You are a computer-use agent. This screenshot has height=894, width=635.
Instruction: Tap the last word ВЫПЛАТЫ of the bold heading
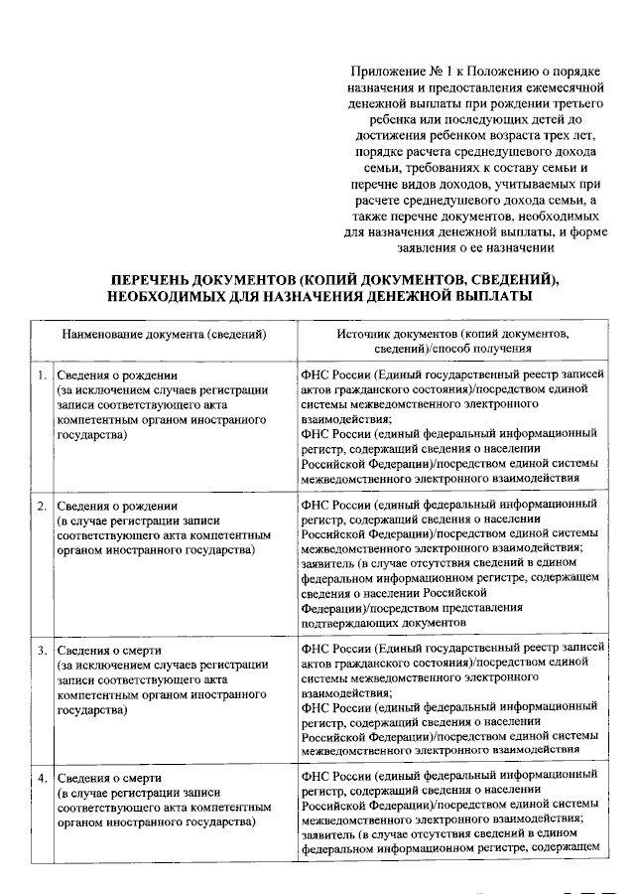pos(493,296)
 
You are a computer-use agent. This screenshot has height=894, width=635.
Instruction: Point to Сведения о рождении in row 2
pos(116,506)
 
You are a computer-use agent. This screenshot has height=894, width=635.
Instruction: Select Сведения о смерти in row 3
pos(108,651)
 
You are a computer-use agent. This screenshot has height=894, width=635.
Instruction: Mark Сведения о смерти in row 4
pos(108,777)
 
